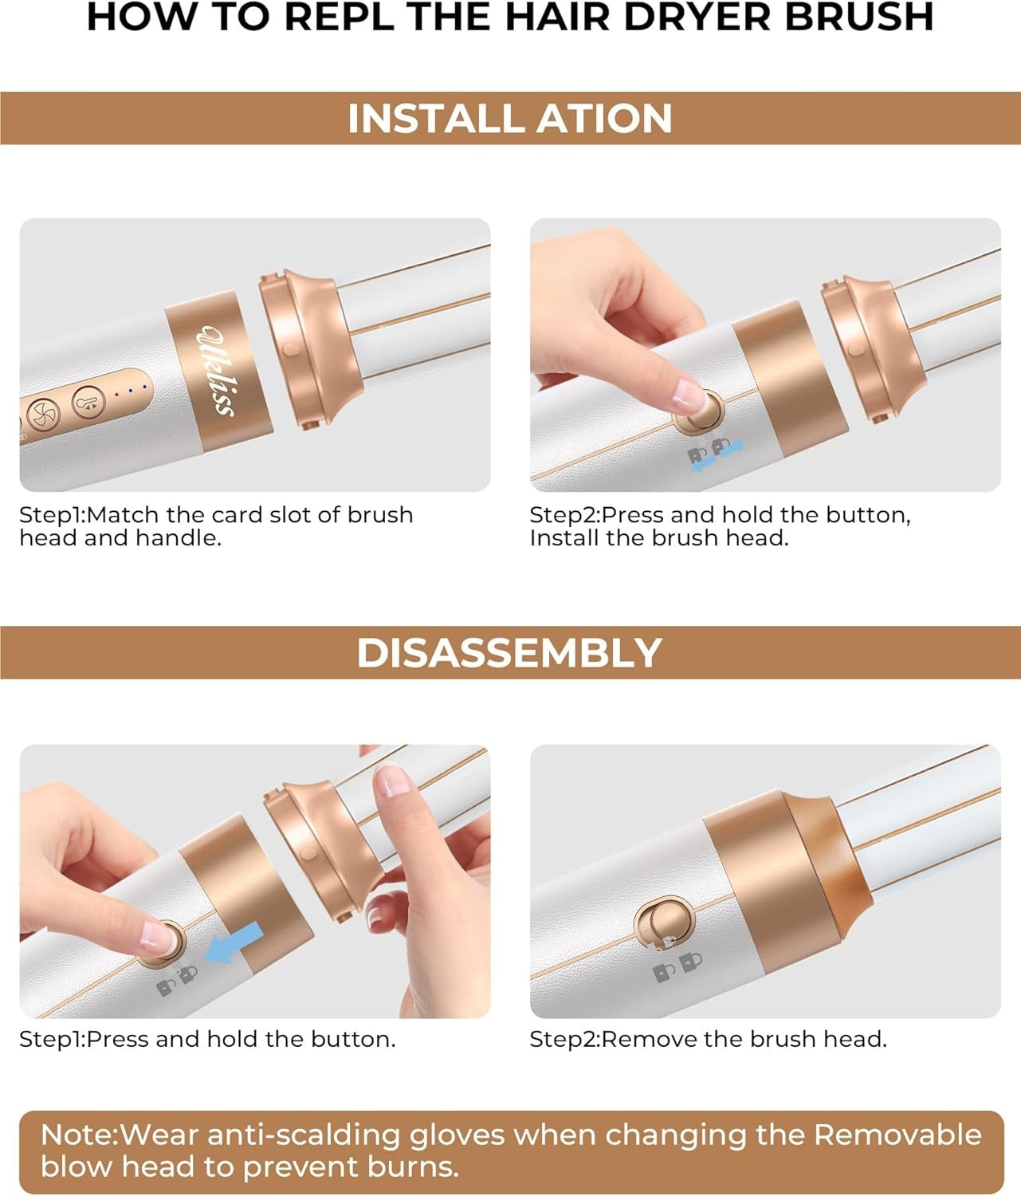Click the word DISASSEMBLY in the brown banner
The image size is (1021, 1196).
[x=509, y=653]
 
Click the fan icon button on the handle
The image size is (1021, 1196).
[x=44, y=415]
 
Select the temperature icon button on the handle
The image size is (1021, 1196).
[x=88, y=402]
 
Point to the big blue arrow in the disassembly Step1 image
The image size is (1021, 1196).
[x=234, y=942]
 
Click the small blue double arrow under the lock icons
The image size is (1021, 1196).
[x=717, y=455]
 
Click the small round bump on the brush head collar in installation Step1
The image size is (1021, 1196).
[x=292, y=349]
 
